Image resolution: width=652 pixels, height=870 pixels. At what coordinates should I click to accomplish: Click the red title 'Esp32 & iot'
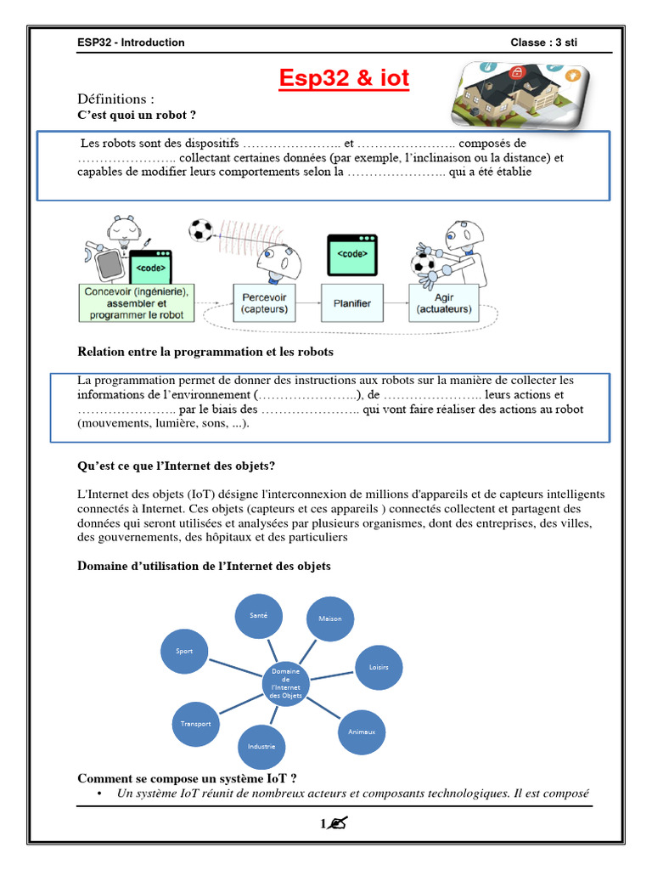(345, 79)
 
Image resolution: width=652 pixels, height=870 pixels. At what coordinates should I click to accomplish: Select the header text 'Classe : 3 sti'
(543, 42)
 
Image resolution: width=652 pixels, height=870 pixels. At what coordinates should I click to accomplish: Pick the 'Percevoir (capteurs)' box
(264, 303)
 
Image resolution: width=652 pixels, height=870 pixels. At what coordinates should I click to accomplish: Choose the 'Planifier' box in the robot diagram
(352, 302)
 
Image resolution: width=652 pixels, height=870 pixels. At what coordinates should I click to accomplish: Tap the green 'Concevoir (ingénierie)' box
(137, 302)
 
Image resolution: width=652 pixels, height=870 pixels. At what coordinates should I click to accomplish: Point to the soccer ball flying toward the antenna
(201, 229)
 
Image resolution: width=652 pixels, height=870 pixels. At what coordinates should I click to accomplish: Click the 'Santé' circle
(259, 614)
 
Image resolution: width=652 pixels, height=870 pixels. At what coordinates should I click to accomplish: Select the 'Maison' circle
(329, 619)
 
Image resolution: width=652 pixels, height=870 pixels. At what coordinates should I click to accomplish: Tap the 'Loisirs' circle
(379, 667)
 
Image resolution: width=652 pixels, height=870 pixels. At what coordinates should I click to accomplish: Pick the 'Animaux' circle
(362, 731)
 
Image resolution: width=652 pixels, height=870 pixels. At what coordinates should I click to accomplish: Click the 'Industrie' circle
(261, 746)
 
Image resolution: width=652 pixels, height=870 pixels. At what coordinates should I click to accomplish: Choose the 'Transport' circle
(195, 723)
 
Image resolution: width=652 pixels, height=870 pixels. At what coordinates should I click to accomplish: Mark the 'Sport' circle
(184, 651)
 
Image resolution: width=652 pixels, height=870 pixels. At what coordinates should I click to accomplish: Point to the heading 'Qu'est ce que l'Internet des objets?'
(177, 466)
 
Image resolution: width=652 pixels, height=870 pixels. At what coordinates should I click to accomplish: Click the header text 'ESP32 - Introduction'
(131, 42)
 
